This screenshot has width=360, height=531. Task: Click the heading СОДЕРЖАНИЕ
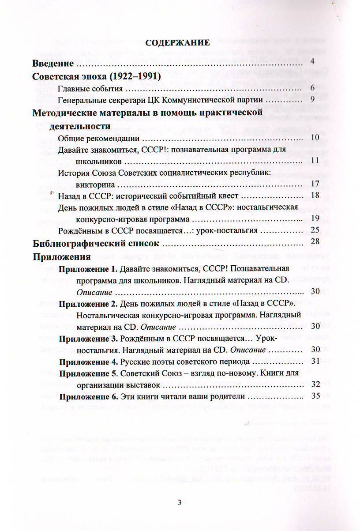178,43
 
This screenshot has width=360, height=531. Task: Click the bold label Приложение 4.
88,362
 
